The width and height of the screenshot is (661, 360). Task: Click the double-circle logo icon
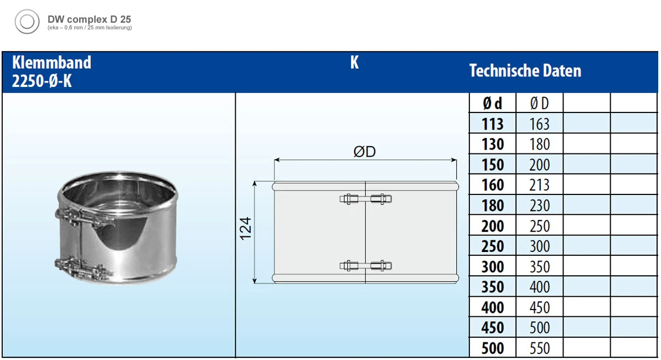point(27,22)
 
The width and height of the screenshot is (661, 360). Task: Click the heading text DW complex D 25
point(89,19)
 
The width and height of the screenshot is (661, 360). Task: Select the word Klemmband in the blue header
point(51,63)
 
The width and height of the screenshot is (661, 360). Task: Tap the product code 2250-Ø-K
point(42,81)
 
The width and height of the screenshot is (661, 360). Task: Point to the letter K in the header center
point(354,63)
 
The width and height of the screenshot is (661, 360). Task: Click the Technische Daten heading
point(525,71)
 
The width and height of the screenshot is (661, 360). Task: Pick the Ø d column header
point(492,103)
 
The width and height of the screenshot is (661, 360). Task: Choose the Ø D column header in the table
point(539,103)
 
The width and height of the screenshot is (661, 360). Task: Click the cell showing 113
point(492,124)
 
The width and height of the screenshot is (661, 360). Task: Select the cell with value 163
point(539,124)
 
